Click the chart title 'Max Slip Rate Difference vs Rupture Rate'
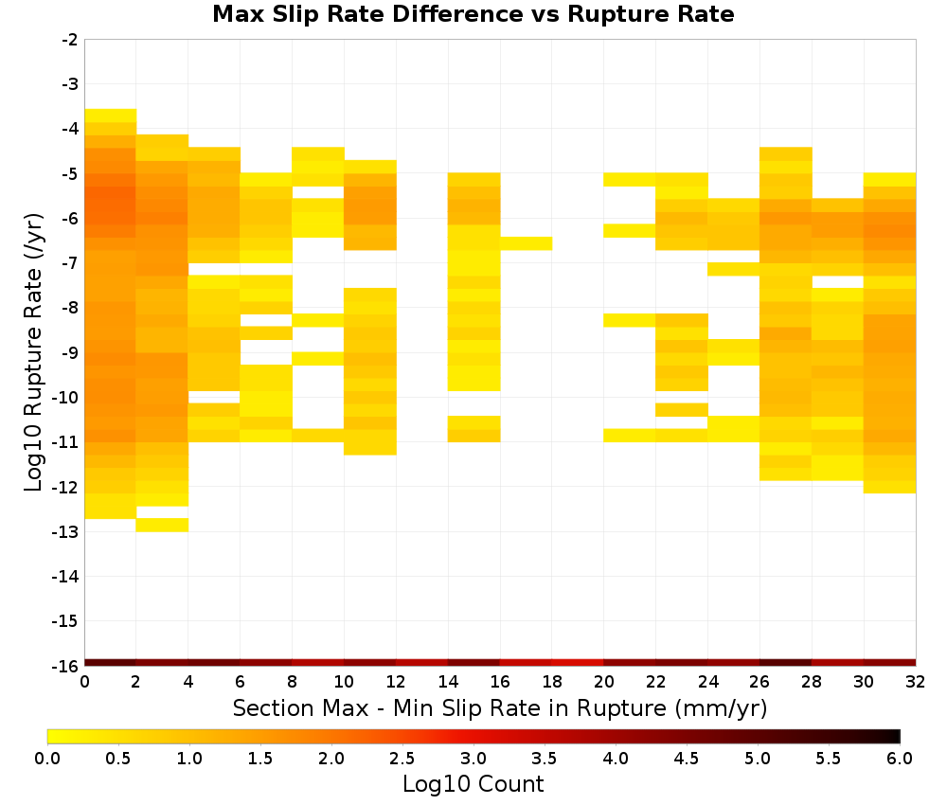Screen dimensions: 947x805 [473, 13]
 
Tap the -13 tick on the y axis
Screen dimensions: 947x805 [66, 532]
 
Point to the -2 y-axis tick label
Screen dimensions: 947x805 [70, 40]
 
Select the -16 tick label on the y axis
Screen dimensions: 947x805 [66, 666]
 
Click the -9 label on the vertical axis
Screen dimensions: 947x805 [70, 353]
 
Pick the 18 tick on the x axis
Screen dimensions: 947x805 [552, 683]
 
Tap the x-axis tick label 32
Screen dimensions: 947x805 [916, 683]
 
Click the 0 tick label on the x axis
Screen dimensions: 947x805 [84, 683]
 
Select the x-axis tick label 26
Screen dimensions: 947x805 [759, 683]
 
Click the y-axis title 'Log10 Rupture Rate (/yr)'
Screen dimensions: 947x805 [33, 352]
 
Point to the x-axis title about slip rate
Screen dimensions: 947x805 [500, 708]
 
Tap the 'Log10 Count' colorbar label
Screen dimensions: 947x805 [473, 784]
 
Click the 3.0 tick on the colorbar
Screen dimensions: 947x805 [473, 759]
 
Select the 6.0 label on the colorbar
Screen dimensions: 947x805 [900, 759]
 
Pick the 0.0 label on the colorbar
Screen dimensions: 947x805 [47, 759]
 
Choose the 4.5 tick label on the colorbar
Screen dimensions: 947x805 [686, 759]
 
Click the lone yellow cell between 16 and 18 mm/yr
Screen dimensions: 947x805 [526, 243]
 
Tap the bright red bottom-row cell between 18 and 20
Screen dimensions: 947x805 [578, 663]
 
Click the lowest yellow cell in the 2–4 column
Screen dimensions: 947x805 [163, 525]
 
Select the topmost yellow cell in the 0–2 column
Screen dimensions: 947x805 [111, 116]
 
